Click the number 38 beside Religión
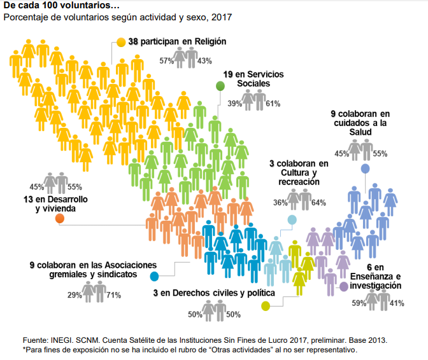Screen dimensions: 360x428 (x=133, y=42)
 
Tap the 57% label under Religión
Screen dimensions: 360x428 (x=167, y=61)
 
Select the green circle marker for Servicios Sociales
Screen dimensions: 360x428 (x=220, y=86)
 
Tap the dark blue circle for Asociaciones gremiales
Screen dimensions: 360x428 (x=154, y=276)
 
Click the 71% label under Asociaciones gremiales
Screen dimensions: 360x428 (x=113, y=295)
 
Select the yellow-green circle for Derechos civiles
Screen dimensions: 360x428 (x=266, y=306)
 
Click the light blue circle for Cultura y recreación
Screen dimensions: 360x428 (x=292, y=220)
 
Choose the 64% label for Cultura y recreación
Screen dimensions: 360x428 (x=318, y=203)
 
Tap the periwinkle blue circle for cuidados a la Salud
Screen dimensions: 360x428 (x=366, y=169)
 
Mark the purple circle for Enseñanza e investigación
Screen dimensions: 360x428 (x=344, y=287)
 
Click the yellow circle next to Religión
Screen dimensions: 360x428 (x=121, y=43)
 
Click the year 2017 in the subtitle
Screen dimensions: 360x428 (x=222, y=17)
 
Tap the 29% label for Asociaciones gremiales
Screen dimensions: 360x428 (x=75, y=295)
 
